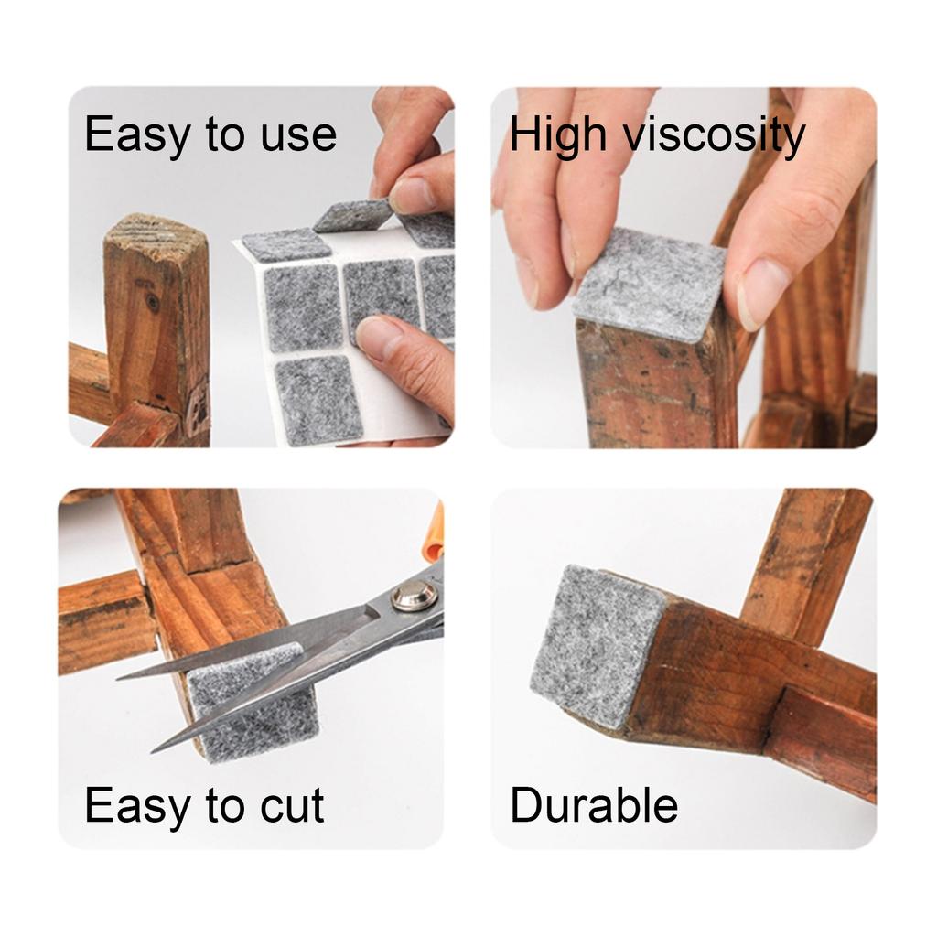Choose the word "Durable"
pos(593,806)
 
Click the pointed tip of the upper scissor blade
pos(120,678)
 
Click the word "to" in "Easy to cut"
pos(202,806)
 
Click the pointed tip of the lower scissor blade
pos(155,749)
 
